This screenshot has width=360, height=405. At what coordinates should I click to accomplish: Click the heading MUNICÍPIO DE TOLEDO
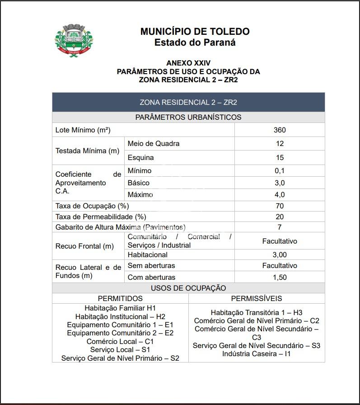[195, 32]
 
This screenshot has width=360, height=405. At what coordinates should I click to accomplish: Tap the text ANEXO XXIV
[188, 63]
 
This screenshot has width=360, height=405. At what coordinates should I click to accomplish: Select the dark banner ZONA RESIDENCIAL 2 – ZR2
[188, 102]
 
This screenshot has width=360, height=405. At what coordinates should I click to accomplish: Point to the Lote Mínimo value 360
[280, 130]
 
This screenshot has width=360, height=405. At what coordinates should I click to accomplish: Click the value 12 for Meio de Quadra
[280, 144]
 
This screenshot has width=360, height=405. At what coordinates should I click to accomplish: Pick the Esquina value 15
[280, 158]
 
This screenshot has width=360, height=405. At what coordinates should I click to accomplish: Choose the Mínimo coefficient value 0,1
[280, 171]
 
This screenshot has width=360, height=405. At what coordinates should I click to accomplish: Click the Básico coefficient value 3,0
[280, 183]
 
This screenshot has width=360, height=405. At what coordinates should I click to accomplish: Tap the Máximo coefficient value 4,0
[280, 195]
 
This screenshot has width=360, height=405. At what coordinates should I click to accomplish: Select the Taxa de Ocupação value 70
[280, 206]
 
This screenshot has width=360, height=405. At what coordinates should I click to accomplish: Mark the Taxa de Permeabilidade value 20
[280, 217]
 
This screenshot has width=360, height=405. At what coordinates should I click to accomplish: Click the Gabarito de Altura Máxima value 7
[280, 227]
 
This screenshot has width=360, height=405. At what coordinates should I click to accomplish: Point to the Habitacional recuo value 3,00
[280, 255]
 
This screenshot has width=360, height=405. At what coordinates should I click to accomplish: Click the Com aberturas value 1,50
[280, 278]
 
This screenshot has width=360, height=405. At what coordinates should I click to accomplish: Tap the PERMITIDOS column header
[120, 299]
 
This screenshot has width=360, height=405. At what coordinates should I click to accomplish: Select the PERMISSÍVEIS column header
[257, 299]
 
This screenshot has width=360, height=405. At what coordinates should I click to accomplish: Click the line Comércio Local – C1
[120, 342]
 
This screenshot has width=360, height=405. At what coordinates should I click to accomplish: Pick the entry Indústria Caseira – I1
[257, 354]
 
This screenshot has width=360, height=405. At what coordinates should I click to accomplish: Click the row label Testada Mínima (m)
[87, 151]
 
